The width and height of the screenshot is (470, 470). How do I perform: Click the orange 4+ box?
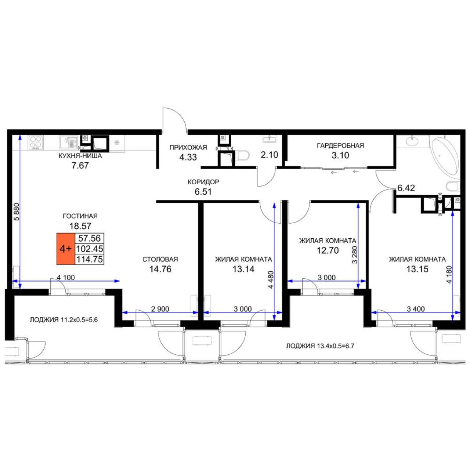(65, 249)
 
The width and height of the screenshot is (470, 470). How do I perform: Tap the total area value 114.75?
(90, 259)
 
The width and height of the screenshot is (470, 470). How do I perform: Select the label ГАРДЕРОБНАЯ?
(340, 146)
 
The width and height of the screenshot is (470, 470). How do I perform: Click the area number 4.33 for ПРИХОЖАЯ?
(188, 157)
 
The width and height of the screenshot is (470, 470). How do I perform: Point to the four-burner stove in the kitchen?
(36, 142)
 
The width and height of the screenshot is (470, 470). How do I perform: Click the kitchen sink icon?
(69, 142)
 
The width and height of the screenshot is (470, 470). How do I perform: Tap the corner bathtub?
(445, 156)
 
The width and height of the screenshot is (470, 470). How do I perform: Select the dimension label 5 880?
(17, 212)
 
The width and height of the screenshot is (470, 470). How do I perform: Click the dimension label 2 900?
(160, 309)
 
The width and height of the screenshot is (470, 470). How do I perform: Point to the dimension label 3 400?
(416, 309)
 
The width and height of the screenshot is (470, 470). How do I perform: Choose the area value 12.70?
(328, 250)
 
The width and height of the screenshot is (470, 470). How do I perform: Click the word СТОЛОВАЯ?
(160, 259)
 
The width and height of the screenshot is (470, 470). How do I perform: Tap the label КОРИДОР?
(203, 182)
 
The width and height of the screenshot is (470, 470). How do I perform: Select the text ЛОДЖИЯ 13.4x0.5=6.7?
(320, 346)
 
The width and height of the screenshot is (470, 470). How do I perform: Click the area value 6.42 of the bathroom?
(406, 188)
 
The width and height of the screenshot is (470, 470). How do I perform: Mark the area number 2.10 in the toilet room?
(269, 155)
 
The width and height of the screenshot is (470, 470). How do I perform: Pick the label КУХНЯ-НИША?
(80, 156)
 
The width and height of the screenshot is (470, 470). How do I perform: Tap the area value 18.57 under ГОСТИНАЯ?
(80, 226)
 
